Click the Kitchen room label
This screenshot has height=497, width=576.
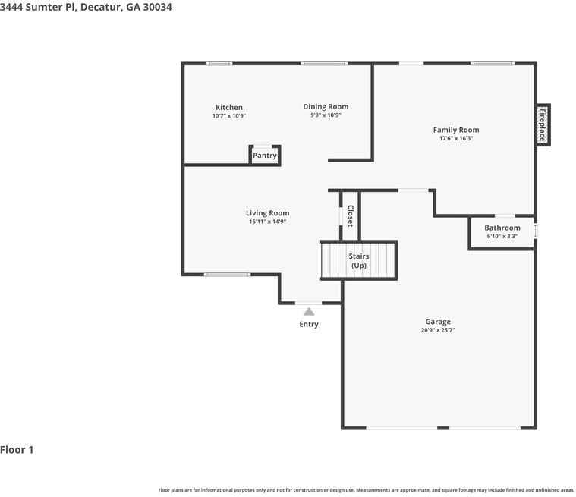(x=228, y=108)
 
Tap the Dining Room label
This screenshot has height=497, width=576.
(x=326, y=107)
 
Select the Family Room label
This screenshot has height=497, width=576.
(x=456, y=130)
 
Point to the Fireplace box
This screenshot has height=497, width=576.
(x=543, y=125)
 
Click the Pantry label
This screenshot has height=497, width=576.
(x=265, y=156)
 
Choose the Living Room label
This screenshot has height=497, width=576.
(x=267, y=213)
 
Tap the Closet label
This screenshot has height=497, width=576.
(x=350, y=215)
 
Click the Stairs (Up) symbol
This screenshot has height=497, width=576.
(x=359, y=261)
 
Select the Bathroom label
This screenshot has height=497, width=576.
(x=502, y=228)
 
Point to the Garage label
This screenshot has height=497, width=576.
(x=438, y=322)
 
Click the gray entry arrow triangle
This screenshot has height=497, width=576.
(x=308, y=311)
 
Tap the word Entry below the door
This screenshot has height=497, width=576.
(x=309, y=325)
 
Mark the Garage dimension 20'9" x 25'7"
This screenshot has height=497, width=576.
(x=438, y=331)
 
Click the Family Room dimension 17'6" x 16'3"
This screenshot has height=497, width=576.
(x=456, y=139)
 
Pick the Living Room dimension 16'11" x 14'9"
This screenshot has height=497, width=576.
(x=267, y=222)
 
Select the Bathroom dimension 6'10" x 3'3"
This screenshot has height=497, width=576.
(x=502, y=237)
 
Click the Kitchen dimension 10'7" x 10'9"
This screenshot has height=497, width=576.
(x=228, y=116)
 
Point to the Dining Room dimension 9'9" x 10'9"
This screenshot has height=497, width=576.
(x=326, y=115)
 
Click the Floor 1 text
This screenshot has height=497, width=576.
(x=17, y=450)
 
